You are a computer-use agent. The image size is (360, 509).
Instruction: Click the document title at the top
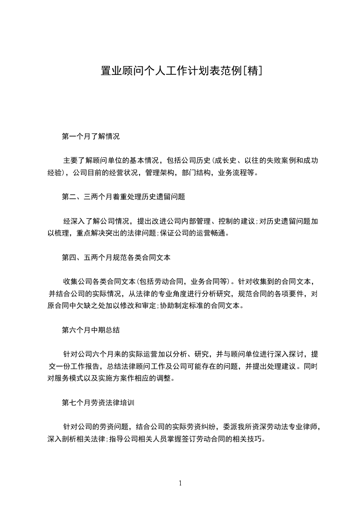[x=180, y=71]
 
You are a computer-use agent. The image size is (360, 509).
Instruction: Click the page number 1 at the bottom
[x=180, y=483]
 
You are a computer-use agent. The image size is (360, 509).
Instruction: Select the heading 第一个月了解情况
[x=91, y=136]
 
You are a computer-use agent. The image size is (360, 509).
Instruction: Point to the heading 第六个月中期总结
[x=91, y=330]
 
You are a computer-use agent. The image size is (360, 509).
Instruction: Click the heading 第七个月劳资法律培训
[x=98, y=402]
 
